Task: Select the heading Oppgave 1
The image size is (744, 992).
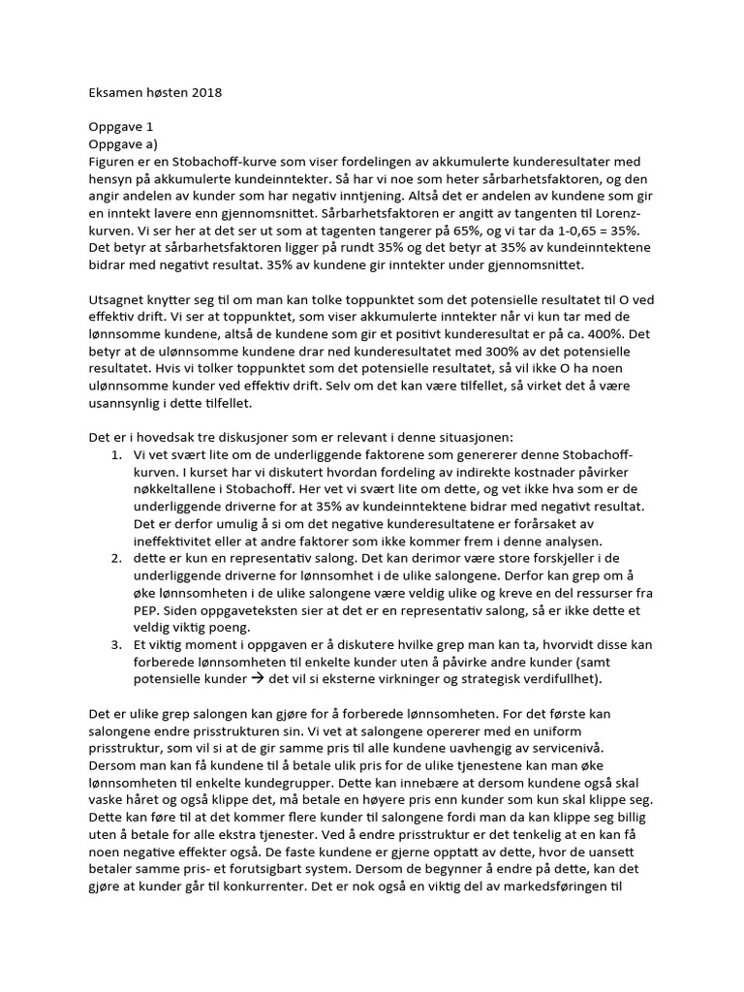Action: click(x=121, y=127)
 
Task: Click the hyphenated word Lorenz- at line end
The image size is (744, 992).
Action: click(x=629, y=213)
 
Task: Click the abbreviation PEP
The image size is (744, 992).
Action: click(x=150, y=611)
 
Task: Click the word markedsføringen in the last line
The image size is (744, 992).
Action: click(x=543, y=887)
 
